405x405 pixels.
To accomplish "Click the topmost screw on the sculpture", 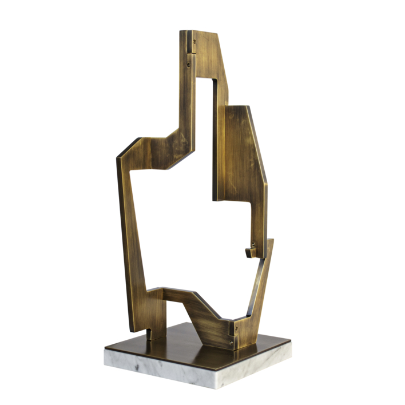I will point(195,41).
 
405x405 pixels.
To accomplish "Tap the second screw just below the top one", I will point(189,64).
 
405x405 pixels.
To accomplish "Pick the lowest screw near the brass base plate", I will point(231,343).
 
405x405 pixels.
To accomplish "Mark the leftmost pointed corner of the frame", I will point(118,156).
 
